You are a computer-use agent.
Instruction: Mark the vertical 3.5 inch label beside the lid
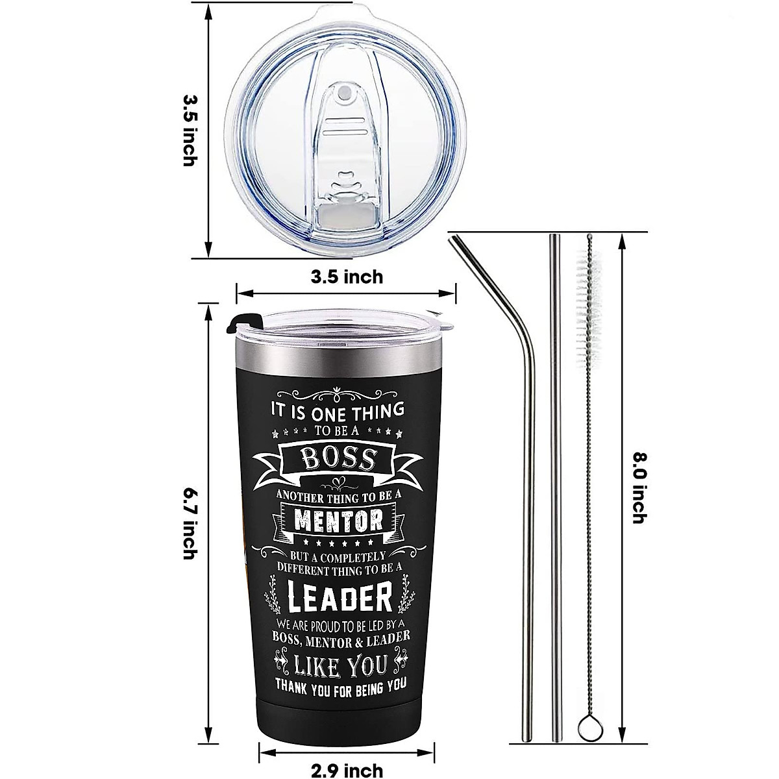pos(189,130)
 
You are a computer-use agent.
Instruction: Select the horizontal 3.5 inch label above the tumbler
pos(347,277)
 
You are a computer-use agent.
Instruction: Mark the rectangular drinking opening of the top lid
pos(344,212)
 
